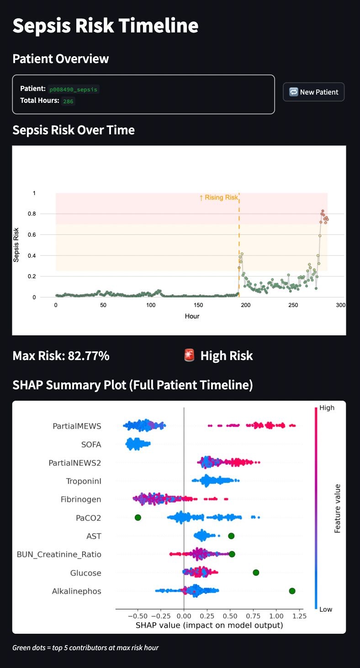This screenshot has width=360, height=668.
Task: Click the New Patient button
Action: pos(313,92)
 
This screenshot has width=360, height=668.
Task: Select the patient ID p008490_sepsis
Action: pos(74,89)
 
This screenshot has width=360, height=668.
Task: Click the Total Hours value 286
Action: pos(69,101)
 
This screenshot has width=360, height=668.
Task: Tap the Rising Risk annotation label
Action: pos(219,198)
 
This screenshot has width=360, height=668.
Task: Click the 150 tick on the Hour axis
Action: pos(198,305)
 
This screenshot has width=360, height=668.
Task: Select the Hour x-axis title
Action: pos(192,316)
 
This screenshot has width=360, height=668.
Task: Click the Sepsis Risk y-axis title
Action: pos(16,245)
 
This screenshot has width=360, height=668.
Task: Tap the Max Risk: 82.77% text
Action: pos(61,356)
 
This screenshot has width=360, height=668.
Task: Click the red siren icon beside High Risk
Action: pos(189,355)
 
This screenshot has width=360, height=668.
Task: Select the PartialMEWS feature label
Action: pos(77,426)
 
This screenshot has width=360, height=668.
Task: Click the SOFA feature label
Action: pos(91,445)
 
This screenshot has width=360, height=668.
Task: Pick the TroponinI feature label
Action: pos(84,481)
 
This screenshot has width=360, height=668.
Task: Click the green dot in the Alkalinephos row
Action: pos(292,591)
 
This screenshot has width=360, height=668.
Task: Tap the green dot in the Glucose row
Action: pos(256,573)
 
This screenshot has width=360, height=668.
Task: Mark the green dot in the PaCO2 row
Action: pos(138,518)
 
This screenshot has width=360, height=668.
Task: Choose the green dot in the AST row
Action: pos(231,536)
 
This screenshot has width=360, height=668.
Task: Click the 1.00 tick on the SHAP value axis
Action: pos(276,616)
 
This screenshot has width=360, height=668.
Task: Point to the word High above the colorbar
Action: pos(327,408)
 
